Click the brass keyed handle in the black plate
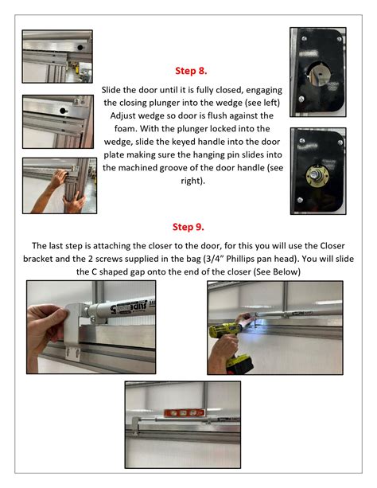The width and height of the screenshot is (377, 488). (x=321, y=170)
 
